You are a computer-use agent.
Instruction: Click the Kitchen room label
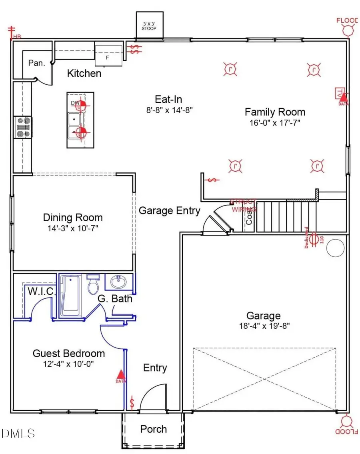click(x=84, y=74)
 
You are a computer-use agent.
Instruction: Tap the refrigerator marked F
click(x=108, y=55)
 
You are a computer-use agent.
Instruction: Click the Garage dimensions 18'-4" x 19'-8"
click(x=263, y=326)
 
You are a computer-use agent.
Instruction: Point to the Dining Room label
click(x=73, y=218)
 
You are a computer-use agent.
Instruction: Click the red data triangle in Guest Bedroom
click(x=120, y=375)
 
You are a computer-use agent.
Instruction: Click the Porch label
click(x=154, y=429)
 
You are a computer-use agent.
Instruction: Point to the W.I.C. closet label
click(x=41, y=291)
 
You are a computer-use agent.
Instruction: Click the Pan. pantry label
click(x=36, y=63)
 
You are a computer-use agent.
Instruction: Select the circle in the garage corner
click(x=335, y=248)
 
